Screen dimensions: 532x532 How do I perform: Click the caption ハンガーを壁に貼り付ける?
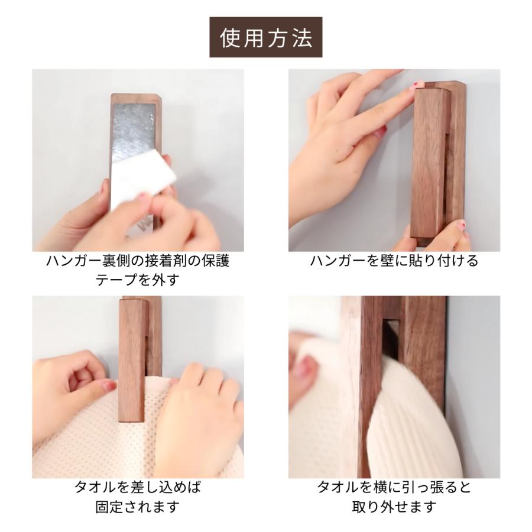[x=394, y=261]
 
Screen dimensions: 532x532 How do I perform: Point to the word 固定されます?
[x=137, y=507]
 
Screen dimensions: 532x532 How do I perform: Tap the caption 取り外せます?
[x=394, y=507]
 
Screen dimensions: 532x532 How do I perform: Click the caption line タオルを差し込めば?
[x=137, y=488]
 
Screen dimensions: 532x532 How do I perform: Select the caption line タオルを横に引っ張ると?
[x=394, y=488]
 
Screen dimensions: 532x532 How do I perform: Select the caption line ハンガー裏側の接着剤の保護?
[x=137, y=261]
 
